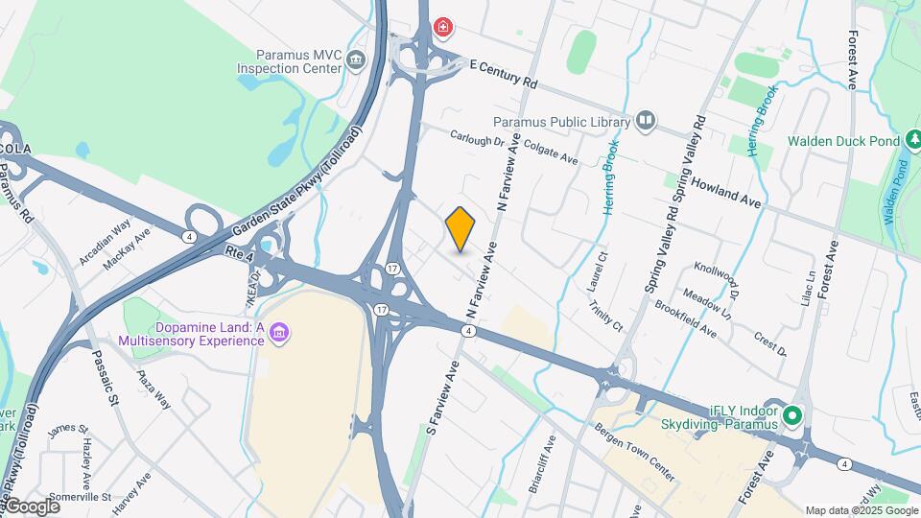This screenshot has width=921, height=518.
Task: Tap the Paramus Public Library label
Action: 561,122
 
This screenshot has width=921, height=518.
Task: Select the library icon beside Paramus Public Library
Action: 646,121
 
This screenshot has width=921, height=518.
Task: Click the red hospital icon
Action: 442,27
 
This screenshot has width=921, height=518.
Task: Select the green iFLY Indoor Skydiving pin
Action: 792,415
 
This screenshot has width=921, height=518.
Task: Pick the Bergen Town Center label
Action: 634,451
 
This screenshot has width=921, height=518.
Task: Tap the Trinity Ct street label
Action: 606,309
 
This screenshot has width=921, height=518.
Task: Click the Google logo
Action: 33,506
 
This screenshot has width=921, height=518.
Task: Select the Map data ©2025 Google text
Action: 861,510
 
